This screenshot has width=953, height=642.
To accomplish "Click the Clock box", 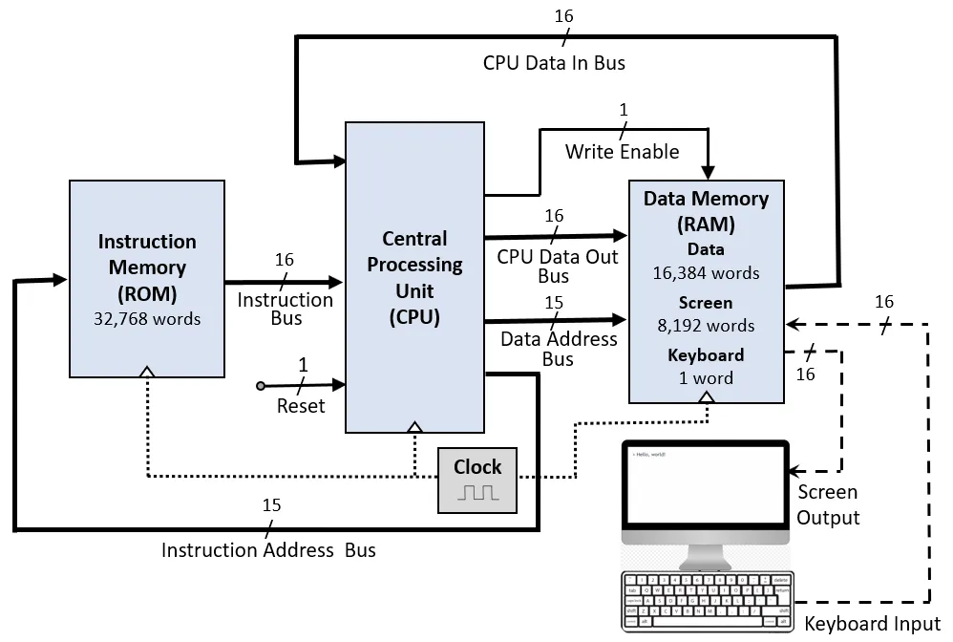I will pos(477,479).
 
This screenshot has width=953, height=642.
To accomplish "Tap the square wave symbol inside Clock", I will pos(477,493).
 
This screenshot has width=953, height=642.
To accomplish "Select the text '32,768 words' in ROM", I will pos(147,318).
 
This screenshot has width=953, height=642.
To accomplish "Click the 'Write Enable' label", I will pos(622,152).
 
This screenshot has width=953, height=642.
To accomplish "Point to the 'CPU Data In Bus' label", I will pos(554,63).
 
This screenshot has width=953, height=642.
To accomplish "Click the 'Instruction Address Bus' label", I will pos(268,550).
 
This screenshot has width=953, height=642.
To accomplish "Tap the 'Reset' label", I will pos(301,406).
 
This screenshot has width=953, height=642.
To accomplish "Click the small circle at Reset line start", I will pos(261,386).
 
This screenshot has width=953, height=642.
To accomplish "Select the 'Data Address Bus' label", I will pos(559,349).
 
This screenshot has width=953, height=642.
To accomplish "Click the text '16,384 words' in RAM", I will pos(707,273).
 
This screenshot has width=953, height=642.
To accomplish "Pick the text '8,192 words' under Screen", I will pos(707,326).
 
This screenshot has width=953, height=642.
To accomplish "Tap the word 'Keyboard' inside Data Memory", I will pos(707,355).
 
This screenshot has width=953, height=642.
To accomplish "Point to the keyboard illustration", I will pos(707,600).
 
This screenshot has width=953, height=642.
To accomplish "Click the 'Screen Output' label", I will pos(828,504).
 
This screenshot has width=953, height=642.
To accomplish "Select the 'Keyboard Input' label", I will pos(873,625).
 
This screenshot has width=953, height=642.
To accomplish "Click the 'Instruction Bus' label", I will pos(286,309).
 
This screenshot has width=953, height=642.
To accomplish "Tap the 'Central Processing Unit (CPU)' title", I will pos(414,277).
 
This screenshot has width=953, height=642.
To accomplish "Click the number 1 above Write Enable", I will pos(624,111).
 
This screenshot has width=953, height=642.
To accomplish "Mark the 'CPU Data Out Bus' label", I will pos(557,267).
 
